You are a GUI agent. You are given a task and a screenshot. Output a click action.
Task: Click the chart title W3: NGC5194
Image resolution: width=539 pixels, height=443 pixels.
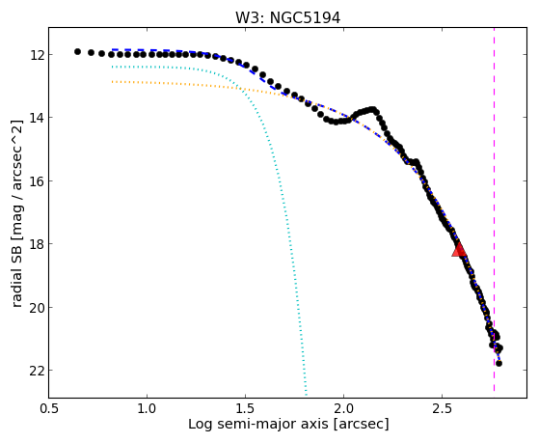tap(287, 18)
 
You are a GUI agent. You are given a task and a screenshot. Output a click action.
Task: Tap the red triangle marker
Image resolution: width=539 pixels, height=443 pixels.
tap(459, 249)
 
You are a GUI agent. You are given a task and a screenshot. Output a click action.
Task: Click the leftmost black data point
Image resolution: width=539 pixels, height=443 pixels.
tap(77, 51)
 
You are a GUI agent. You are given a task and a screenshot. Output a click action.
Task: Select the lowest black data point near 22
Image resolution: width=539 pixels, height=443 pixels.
tap(499, 363)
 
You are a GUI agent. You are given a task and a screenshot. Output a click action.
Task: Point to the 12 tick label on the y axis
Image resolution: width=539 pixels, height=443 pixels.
tap(36, 55)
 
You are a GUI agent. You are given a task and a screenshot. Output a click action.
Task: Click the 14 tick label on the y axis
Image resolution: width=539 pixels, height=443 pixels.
tap(36, 118)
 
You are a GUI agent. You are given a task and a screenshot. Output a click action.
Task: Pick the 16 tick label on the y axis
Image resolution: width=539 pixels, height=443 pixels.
tap(36, 180)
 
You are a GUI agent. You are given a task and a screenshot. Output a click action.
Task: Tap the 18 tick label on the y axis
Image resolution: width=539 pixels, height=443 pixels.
tap(36, 244)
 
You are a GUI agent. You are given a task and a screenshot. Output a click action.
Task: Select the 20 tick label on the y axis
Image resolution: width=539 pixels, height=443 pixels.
tap(36, 307)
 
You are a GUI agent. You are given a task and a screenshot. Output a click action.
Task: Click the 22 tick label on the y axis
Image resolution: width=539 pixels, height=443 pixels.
tap(36, 371)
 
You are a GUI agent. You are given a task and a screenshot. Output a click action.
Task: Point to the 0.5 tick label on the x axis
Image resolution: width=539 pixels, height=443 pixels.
tap(49, 408)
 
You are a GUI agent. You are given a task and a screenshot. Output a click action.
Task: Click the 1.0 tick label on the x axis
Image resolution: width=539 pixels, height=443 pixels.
tap(148, 408)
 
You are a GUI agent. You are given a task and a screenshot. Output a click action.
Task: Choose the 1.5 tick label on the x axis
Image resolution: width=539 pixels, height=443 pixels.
tap(246, 408)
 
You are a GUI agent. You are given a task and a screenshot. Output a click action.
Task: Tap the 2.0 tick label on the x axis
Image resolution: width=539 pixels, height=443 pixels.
tap(344, 408)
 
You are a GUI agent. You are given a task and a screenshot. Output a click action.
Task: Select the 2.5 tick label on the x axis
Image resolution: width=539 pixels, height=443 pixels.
tap(442, 408)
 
